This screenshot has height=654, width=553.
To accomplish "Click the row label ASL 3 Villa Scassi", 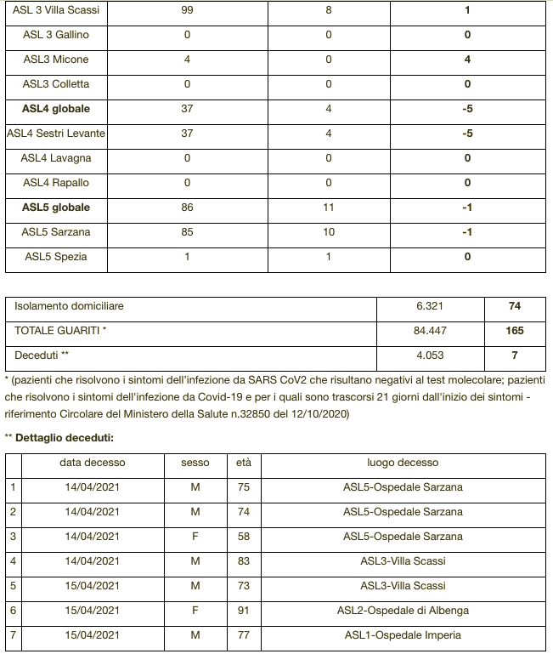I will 56,11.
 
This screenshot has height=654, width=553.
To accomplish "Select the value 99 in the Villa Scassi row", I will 187,11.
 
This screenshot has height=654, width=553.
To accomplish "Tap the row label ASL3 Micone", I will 56,60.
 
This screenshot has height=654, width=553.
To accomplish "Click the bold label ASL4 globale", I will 56,109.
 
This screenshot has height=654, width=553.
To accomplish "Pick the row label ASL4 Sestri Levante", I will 56,134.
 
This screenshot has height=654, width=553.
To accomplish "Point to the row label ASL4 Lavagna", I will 56,158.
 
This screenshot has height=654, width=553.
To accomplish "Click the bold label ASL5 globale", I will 56,208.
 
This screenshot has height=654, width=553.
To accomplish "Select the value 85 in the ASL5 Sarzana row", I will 187,232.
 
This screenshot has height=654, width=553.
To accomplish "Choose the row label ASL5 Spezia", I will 56,257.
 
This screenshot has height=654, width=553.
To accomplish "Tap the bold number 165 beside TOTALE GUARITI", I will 515,331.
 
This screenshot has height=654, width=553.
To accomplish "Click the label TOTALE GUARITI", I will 60,331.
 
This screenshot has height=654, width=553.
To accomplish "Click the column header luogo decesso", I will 403,463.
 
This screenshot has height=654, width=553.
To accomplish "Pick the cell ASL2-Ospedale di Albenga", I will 403,611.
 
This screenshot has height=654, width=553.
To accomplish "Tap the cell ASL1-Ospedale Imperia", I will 403,634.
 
